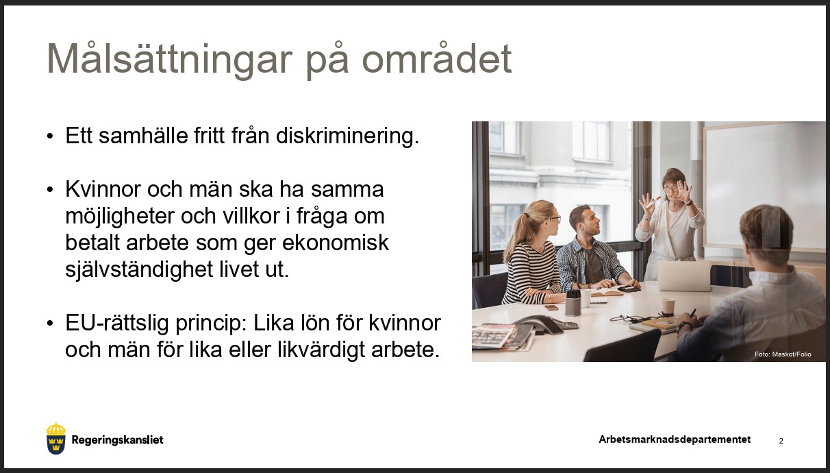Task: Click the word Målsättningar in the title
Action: tap(169, 60)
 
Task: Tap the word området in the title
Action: tap(436, 59)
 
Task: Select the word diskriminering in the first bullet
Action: tap(348, 136)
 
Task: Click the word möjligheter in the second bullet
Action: tap(119, 217)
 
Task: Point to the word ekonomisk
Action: tap(336, 243)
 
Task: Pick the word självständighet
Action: tap(139, 270)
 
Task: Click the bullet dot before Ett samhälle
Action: tap(50, 136)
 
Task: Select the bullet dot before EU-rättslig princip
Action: tap(50, 323)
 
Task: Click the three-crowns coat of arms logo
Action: tap(56, 439)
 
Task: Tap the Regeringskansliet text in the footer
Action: tap(117, 440)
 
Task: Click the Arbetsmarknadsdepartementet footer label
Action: tap(675, 439)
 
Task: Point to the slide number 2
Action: tap(781, 441)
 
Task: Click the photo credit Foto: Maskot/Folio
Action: tap(783, 354)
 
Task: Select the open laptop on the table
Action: tap(684, 276)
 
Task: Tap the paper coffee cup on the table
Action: tap(668, 306)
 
